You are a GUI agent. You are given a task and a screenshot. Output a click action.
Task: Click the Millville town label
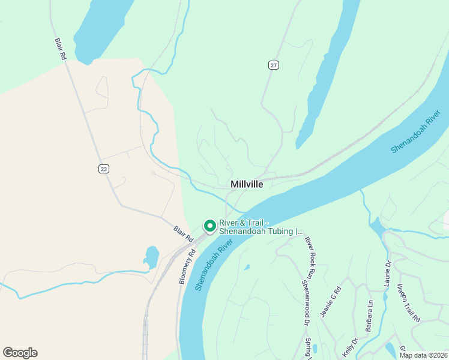(247, 185)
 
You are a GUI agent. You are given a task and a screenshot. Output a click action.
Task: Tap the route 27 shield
(274, 65)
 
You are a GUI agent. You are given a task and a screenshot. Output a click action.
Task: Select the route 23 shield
(104, 169)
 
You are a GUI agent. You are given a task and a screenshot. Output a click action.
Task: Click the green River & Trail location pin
(210, 226)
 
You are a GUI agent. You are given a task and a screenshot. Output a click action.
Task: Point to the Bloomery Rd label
(187, 265)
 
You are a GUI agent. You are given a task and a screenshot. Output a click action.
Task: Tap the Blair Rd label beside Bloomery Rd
(183, 233)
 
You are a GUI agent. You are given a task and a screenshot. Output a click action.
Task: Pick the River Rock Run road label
(310, 257)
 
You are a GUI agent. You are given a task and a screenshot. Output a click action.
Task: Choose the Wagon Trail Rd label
(408, 304)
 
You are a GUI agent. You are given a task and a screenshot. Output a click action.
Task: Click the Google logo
(20, 353)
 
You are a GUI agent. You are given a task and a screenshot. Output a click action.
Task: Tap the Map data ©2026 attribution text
(423, 355)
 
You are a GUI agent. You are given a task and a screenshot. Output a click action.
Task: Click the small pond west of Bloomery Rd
(151, 257)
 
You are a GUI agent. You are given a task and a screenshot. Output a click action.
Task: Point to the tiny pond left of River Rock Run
(246, 267)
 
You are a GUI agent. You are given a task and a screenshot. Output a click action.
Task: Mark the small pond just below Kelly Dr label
(390, 349)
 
